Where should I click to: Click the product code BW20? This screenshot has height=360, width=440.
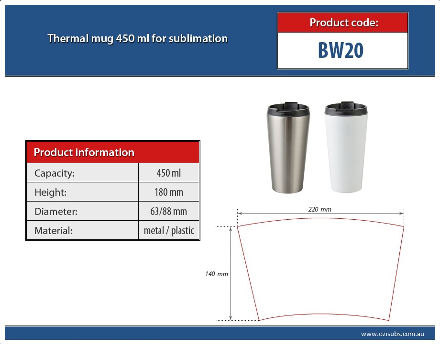[341, 50]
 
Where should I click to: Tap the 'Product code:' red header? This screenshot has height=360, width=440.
[342, 22]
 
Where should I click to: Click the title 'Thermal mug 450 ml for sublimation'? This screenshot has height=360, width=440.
[138, 38]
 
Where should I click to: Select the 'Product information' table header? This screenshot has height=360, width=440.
[113, 152]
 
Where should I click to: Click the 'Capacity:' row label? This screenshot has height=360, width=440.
[55, 173]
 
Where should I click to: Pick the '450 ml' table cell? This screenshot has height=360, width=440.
[169, 173]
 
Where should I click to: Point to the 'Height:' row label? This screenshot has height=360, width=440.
[51, 192]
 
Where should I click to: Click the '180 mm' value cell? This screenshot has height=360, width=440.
[169, 192]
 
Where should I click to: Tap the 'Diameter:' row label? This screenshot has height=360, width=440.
[56, 212]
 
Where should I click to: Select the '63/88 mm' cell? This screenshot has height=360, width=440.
[169, 212]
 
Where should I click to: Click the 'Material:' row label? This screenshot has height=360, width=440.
[53, 231]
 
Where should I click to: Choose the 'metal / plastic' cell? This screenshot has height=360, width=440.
[169, 231]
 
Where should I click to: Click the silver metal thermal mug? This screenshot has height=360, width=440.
[288, 148]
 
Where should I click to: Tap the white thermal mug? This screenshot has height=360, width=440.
[346, 148]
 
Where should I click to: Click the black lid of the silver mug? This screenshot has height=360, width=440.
[288, 108]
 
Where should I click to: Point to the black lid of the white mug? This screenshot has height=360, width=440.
[346, 108]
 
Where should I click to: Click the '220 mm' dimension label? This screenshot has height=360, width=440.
[319, 209]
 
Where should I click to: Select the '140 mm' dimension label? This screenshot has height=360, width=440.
[216, 274]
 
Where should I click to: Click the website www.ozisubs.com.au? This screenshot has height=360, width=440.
[392, 334]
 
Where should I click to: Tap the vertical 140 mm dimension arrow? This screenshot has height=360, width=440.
[231, 273]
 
